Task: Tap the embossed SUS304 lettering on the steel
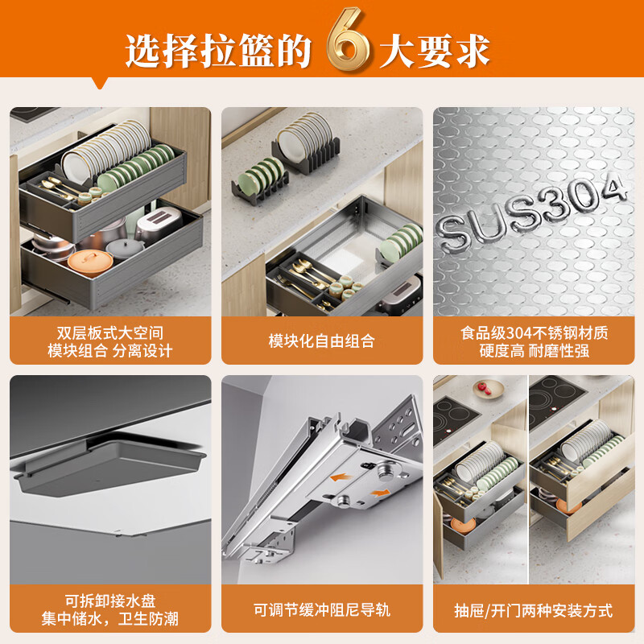pyautogui.click(x=532, y=212)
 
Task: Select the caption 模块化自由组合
pyautogui.click(x=322, y=341)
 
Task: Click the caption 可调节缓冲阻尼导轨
pyautogui.click(x=322, y=610)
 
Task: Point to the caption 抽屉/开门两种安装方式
pyautogui.click(x=534, y=610)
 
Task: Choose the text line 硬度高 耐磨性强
pyautogui.click(x=534, y=350)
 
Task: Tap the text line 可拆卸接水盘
pyautogui.click(x=109, y=601)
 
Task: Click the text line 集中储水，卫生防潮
pyautogui.click(x=109, y=619)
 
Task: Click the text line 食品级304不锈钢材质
pyautogui.click(x=534, y=332)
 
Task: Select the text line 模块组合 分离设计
pyautogui.click(x=109, y=350)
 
